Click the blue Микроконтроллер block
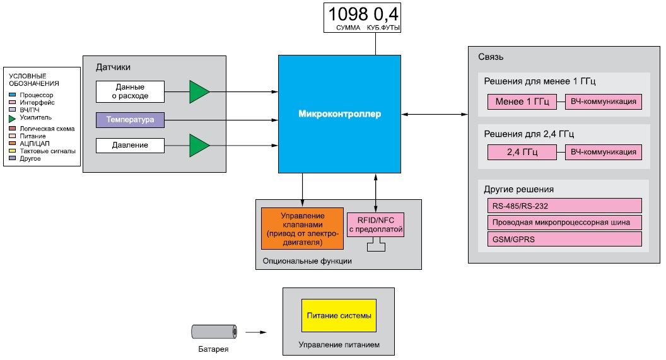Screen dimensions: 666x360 pos(339,113)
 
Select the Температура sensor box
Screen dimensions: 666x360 pos(130,120)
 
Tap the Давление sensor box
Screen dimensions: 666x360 pos(130,145)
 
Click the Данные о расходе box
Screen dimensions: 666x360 pos(130,91)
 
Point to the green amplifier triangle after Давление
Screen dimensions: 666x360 pos(199,146)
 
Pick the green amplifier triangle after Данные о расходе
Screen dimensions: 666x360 pos(199,91)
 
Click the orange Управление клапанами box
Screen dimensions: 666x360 pos(303,228)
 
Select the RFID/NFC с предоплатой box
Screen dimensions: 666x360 pos(375,224)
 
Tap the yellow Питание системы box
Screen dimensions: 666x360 pos(339,315)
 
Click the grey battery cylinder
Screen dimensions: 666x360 pos(214,332)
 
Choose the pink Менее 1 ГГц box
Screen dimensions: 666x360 pos(522,102)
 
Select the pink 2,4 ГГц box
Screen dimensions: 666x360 pos(522,152)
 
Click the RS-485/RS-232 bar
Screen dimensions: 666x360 pos(564,206)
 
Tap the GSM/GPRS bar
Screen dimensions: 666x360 pos(564,239)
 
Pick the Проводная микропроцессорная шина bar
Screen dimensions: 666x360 pos(564,223)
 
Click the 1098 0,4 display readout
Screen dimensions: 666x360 pos(362,18)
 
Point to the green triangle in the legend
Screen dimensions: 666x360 pos(13,119)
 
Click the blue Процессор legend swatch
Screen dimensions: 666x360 pos(13,95)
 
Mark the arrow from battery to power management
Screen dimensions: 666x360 pos(256,332)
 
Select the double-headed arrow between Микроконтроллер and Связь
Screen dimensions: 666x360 pos(435,114)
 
